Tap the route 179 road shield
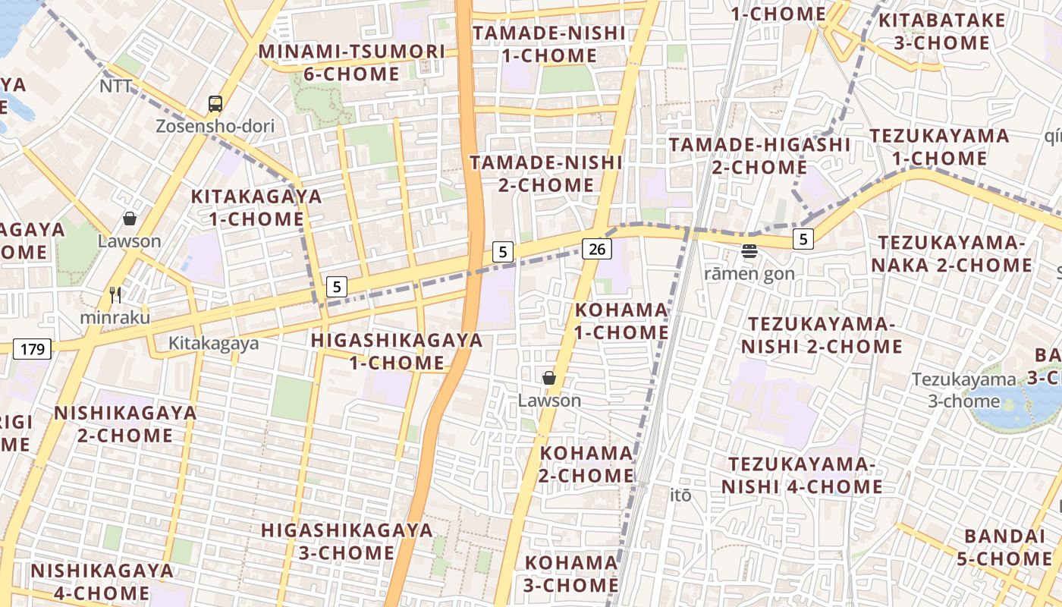point(32,349)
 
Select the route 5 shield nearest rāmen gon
point(803,239)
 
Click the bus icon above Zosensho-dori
point(215,104)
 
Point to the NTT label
point(116,86)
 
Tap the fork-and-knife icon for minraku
point(115,294)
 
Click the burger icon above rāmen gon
point(749,251)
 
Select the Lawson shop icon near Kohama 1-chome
point(549,377)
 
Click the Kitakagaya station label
point(213,343)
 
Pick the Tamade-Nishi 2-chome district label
point(546,174)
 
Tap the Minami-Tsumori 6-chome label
point(351,62)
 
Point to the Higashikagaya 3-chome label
point(347,541)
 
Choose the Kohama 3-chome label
point(571,574)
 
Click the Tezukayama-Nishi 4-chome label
point(802,475)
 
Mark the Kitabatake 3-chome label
point(941,31)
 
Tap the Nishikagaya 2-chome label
point(125,424)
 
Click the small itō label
point(681,495)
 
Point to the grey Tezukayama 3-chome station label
point(963,389)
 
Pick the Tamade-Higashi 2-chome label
point(759,156)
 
